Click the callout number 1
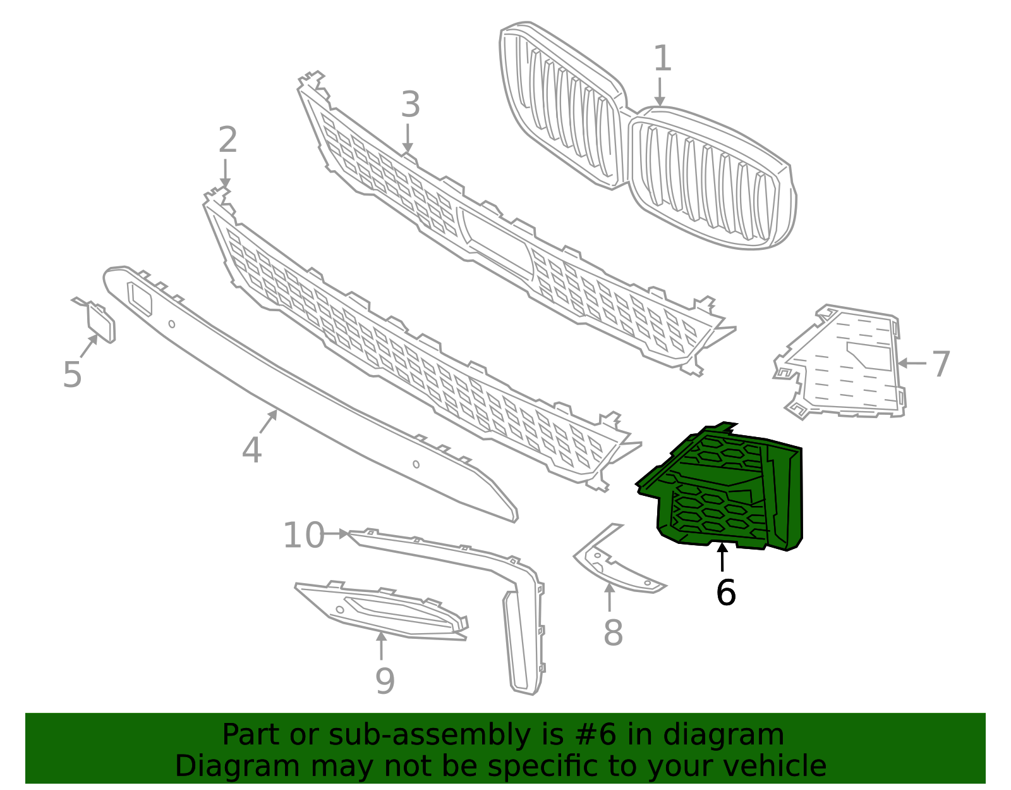click(x=662, y=59)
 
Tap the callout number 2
click(x=227, y=140)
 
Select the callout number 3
click(x=410, y=105)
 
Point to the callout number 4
click(x=251, y=451)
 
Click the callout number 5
click(x=72, y=374)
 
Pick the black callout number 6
click(x=725, y=593)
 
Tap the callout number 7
click(x=941, y=364)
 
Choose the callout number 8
click(x=613, y=633)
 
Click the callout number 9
click(x=385, y=681)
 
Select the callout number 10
click(x=303, y=536)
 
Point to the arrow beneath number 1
click(x=660, y=92)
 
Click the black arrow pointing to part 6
click(x=722, y=557)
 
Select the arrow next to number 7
click(x=911, y=363)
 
